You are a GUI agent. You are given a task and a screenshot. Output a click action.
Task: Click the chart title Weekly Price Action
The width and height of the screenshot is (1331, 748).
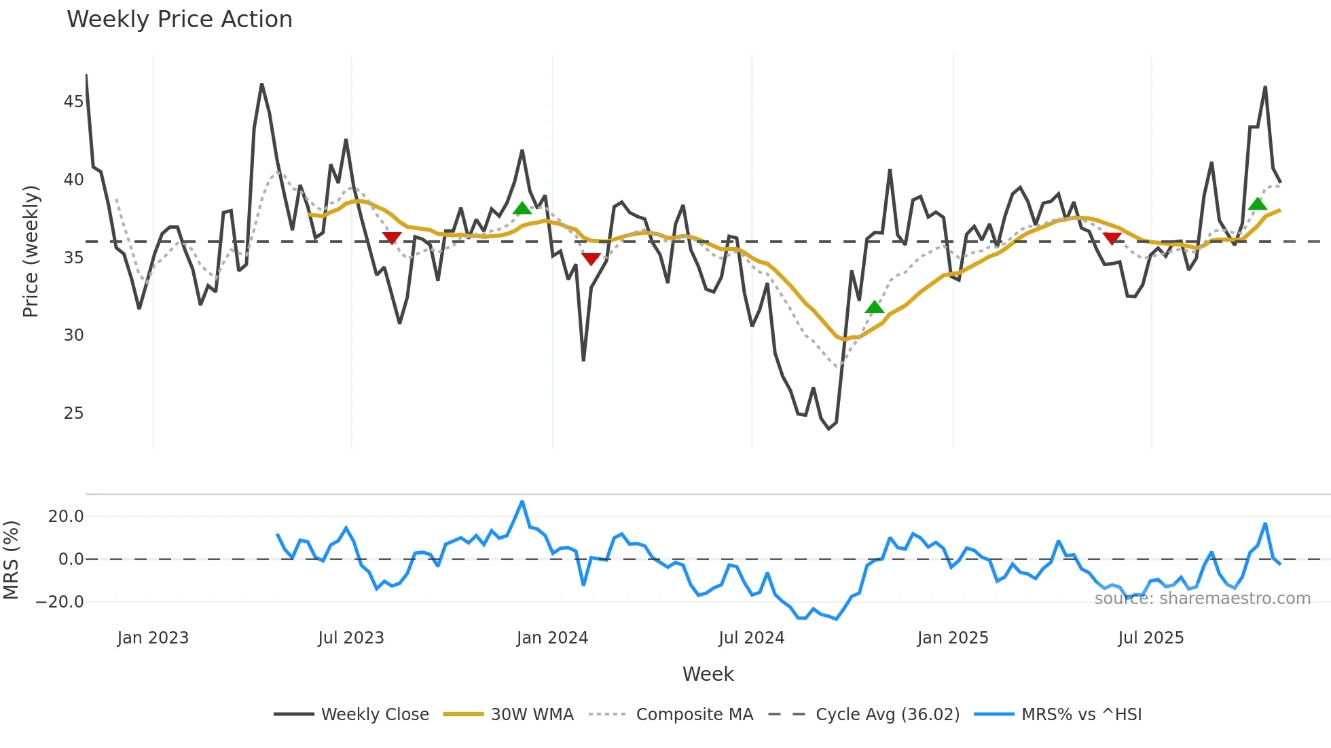coord(179,20)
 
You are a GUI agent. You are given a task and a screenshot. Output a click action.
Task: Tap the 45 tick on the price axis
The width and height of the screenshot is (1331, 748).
coord(73,102)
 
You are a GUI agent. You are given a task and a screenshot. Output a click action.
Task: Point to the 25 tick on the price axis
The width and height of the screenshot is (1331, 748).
coord(73,413)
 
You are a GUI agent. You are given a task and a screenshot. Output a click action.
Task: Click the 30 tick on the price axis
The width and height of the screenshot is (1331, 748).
coord(73,335)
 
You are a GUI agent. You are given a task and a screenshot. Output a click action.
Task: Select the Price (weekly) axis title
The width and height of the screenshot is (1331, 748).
coord(31,251)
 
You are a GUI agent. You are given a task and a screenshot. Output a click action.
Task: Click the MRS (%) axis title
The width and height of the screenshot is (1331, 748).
coord(12,560)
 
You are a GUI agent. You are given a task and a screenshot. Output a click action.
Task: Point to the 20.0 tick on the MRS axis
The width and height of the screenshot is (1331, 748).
coord(66,517)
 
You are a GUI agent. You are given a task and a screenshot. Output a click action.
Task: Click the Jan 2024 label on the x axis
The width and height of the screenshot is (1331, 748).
coord(552,638)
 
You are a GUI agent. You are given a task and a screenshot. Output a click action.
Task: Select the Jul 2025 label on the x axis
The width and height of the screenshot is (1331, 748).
coord(1151,638)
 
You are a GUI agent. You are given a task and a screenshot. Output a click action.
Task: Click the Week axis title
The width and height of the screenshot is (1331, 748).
coord(708,674)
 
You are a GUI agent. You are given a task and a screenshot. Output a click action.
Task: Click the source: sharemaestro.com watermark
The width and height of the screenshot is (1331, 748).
coord(1202,599)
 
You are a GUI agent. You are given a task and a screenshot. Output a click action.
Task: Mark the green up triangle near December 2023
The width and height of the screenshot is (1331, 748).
coord(522,208)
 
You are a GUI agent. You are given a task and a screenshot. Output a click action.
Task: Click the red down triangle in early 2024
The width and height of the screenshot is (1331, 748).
coord(591,259)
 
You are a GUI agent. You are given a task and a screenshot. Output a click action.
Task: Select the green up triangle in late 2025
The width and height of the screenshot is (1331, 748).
coord(1257,204)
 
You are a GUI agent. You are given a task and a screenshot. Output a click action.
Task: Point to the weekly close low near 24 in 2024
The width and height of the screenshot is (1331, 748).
coord(828,428)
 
